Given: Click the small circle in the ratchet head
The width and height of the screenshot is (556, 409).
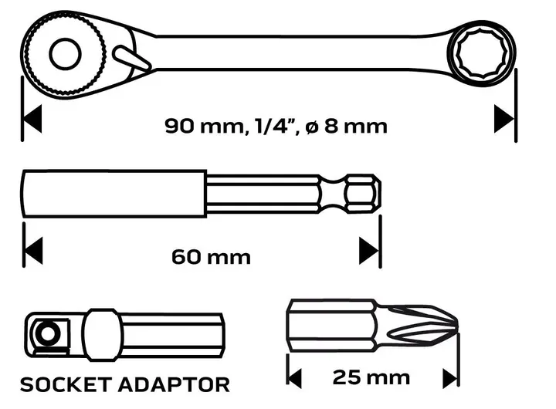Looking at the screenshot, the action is (x=65, y=54).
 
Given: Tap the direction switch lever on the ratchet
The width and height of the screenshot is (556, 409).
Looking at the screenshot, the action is (x=132, y=58).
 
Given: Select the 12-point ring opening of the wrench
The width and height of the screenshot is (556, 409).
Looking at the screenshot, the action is (x=482, y=53).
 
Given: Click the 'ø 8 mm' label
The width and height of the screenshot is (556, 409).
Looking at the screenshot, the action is (x=346, y=126).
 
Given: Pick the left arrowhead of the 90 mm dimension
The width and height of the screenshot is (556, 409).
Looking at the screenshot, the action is (x=32, y=119).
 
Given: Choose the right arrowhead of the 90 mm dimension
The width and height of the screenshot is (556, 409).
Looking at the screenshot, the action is (x=503, y=119).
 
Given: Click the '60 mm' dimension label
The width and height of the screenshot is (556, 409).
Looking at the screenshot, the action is (x=211, y=257).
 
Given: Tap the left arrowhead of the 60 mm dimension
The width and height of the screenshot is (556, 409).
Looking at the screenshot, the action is (x=33, y=251).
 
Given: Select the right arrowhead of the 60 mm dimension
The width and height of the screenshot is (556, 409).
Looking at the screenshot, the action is (x=369, y=251).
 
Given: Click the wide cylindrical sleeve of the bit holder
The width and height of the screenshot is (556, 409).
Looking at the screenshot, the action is (x=114, y=194).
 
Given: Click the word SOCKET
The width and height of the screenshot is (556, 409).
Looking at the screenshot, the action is (x=66, y=384).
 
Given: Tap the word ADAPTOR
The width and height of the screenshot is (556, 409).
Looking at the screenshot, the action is (x=174, y=384).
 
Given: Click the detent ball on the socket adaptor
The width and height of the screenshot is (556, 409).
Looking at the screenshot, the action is (x=48, y=333).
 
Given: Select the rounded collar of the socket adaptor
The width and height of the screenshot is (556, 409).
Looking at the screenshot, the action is (x=103, y=335).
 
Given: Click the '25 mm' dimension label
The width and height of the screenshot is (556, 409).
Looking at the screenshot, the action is (x=371, y=377).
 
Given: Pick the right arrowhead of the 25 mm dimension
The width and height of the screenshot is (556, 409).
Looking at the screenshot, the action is (x=450, y=379).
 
